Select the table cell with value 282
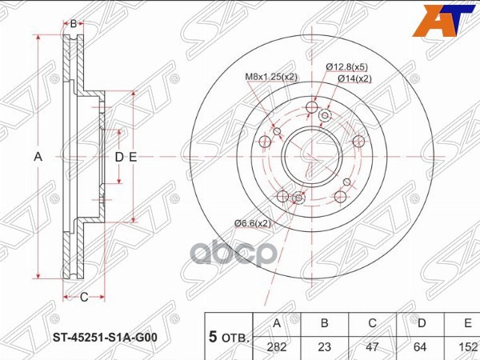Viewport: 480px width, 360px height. (277, 347)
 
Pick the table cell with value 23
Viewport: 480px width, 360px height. (324, 347)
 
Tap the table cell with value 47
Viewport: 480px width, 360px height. (371, 347)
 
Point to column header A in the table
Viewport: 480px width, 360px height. (277, 324)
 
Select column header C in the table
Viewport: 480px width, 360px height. (371, 324)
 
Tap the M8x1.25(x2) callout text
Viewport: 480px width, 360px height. (272, 78)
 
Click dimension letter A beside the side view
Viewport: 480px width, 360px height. (38, 157)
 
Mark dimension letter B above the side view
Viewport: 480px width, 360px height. (73, 23)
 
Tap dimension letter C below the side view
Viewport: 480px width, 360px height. (83, 298)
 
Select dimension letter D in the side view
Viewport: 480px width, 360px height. (118, 157)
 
